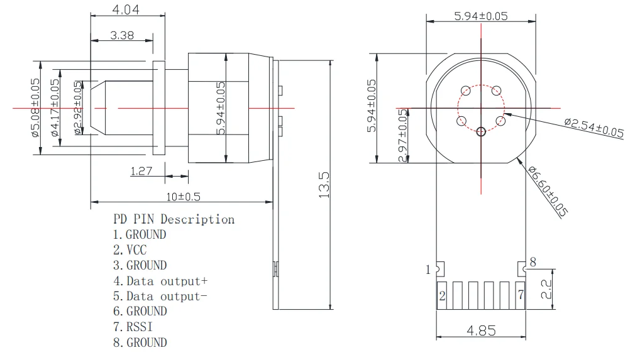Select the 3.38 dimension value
coord(121,35)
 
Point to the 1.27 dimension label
coord(141,170)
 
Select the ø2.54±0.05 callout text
coord(594,127)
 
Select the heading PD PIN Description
coord(174,219)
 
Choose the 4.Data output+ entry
coord(160,281)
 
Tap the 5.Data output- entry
coord(160,296)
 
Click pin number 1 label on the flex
coord(428,270)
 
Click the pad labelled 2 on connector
coord(443,295)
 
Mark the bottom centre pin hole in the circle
coord(481,131)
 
